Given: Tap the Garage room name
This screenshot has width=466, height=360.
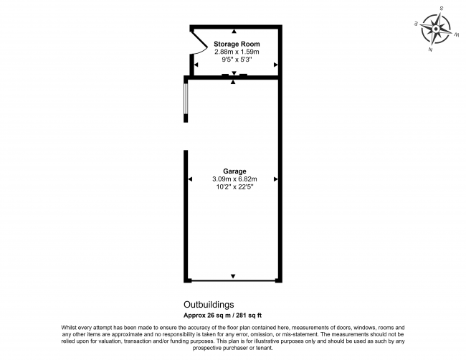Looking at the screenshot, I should [234, 171].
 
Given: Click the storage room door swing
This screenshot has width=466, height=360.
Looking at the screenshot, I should [200, 43].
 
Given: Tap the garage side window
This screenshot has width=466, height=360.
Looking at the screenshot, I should [186, 100].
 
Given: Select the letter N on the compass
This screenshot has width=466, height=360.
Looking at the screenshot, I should [429, 50].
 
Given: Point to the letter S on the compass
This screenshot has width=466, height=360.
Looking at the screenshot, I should [441, 9].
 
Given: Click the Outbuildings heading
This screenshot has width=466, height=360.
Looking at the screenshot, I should [204, 304].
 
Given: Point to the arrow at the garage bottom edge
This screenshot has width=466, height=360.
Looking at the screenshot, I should [233, 277].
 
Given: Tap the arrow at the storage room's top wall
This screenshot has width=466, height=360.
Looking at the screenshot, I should [233, 32].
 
